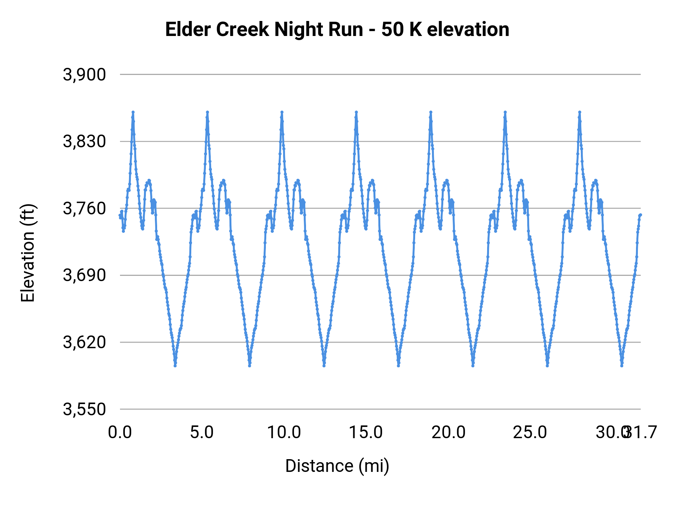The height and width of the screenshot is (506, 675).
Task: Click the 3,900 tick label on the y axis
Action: (84, 75)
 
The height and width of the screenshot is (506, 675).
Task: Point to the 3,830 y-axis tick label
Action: (84, 142)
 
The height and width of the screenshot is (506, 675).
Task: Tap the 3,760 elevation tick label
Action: (84, 208)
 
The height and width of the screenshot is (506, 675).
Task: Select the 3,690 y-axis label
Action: (84, 275)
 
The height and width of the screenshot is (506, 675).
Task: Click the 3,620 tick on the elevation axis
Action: (84, 342)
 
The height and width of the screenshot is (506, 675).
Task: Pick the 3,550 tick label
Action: (84, 409)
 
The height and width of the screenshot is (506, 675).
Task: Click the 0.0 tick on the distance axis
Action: (120, 432)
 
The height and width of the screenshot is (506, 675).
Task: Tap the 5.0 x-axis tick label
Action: (202, 432)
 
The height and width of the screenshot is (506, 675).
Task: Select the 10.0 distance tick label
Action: (284, 432)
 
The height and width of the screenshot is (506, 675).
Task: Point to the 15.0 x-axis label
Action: (366, 432)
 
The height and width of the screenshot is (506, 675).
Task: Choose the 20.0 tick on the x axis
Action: (448, 432)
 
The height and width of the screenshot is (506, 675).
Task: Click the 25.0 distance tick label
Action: (530, 432)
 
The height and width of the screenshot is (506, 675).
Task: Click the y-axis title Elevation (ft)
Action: (28, 253)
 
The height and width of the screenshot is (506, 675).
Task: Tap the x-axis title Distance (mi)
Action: (337, 466)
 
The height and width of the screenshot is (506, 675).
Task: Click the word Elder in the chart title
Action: (188, 30)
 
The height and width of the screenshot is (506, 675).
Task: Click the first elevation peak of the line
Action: (133, 112)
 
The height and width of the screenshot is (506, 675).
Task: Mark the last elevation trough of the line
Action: (622, 365)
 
